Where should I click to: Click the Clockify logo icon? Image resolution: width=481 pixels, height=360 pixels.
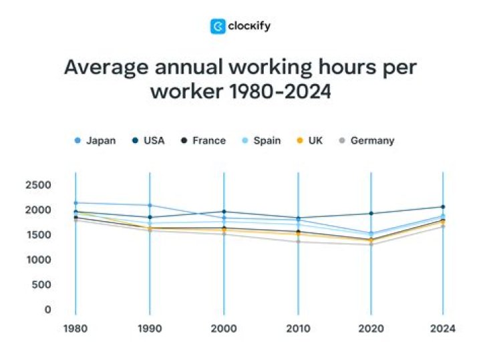pos(218,26)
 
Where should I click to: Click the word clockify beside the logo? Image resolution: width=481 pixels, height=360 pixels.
pos(249,26)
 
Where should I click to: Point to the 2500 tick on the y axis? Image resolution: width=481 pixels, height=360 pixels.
pos(39,185)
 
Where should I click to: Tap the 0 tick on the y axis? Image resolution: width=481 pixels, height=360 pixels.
pos(47,310)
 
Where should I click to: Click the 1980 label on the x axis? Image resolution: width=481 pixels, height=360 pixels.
pos(75,329)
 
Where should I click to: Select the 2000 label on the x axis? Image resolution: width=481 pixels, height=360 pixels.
pos(224,329)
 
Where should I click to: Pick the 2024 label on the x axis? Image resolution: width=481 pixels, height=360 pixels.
pos(443,329)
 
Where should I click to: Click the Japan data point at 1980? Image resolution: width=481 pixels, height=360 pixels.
pos(75,202)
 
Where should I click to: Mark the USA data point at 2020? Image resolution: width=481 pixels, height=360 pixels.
pos(371,214)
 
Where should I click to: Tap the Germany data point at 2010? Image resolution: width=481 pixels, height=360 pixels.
pos(298,241)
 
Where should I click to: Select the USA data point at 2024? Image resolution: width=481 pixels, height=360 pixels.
pos(443,207)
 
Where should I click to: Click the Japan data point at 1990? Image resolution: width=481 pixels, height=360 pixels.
pos(150,205)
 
